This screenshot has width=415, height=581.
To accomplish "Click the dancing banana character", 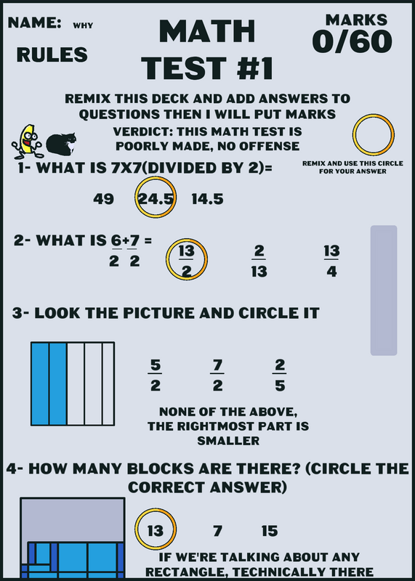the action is pos(26,141).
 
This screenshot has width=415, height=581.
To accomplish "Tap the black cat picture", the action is pos(61,144).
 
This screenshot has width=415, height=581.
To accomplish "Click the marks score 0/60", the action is pos(352,41).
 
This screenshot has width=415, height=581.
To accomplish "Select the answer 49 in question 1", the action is pos(103,199).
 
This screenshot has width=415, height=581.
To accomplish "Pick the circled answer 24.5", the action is pos(156,199).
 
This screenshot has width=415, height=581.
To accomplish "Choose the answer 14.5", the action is pos(207,199).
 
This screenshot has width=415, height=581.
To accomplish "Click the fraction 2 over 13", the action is pos(259,261).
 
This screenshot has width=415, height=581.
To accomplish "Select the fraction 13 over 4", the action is pos(331,261).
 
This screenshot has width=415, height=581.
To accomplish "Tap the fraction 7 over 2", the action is pos(217,375).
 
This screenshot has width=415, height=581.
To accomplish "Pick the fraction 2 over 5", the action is pos(280,375).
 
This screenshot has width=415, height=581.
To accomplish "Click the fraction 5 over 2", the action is pos(155,375).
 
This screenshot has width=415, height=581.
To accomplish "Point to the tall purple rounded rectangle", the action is pos(384,290).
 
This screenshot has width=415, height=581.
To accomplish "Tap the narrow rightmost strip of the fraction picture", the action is pos(108,384).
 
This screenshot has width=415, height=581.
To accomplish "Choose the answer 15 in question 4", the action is pos(270,532).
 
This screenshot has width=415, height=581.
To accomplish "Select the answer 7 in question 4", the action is pos(218,532).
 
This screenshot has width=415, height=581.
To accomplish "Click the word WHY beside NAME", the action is pos(83,25).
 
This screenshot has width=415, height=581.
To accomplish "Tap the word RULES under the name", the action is pos(52,55).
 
